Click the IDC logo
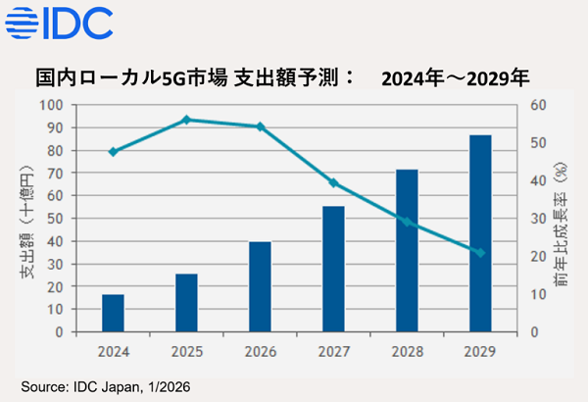point(60,21)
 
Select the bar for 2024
point(113,313)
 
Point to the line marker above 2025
point(186,120)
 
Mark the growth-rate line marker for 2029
point(480,253)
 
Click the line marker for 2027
point(333,182)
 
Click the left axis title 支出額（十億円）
point(24,218)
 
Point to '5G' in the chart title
point(169,76)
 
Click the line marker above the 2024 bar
point(113,152)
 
